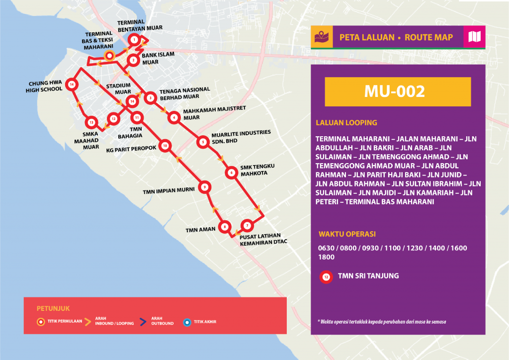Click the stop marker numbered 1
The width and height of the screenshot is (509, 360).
[x=133, y=40]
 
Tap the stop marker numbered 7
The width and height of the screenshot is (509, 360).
[x=247, y=226]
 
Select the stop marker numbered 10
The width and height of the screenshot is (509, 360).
[x=165, y=146]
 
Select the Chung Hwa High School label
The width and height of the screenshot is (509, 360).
[x=44, y=87]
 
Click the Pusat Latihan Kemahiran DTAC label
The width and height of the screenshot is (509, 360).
[x=263, y=239]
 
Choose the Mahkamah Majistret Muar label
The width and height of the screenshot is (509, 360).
[x=202, y=114]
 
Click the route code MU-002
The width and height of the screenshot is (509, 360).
[x=398, y=91]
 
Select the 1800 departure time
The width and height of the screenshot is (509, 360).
[x=326, y=257]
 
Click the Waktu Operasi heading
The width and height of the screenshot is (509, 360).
[x=346, y=234]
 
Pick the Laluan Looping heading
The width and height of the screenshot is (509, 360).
[x=346, y=122]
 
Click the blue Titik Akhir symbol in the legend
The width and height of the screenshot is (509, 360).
[x=186, y=322]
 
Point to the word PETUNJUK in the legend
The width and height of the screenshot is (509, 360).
[x=50, y=308]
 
